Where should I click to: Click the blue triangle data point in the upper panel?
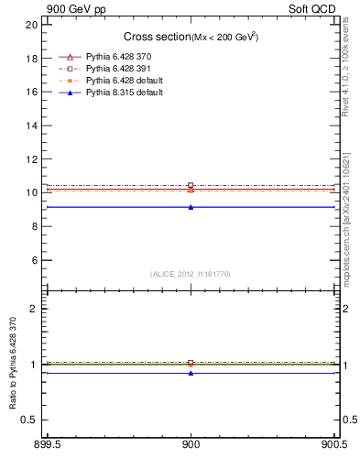191,207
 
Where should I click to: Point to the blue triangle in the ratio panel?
191,373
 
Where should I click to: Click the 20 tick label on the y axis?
32,25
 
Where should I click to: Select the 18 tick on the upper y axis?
32,58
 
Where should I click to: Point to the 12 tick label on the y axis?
32,159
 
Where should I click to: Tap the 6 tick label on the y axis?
35,260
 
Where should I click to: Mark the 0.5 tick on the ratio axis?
31,420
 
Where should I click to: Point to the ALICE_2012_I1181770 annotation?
191,274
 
